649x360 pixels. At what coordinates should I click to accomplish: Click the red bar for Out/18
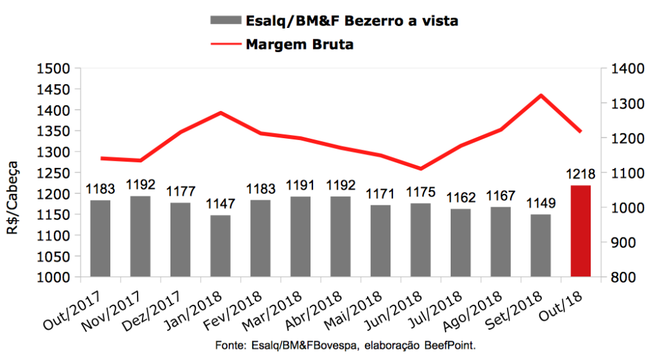[581, 231]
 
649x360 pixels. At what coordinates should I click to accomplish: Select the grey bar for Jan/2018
[221, 246]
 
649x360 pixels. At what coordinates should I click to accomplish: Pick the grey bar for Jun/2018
[421, 240]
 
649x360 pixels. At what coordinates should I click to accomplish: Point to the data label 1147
[221, 205]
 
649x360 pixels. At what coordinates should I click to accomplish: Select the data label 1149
[541, 204]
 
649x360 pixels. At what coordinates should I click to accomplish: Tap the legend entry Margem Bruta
[300, 44]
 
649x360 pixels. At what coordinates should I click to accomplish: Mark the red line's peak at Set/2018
[541, 96]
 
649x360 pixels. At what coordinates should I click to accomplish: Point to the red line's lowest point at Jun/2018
[421, 169]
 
